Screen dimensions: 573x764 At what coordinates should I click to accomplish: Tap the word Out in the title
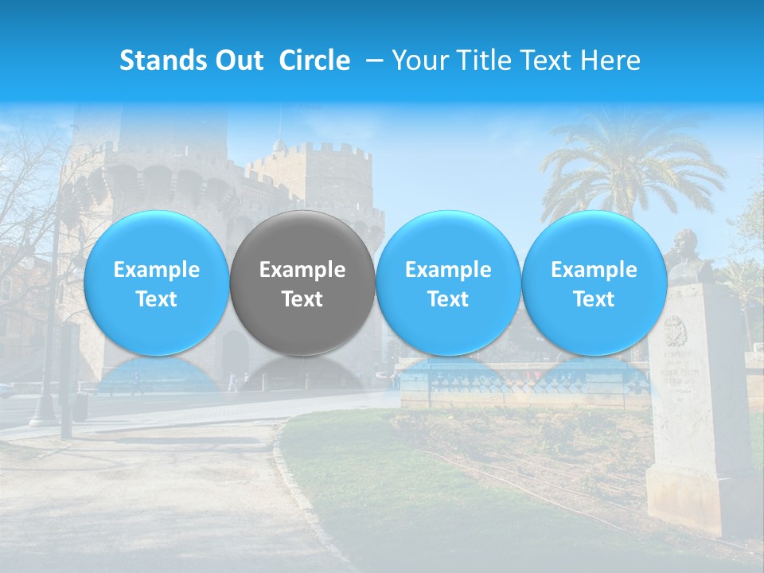237,60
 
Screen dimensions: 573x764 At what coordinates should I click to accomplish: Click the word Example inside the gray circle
302,270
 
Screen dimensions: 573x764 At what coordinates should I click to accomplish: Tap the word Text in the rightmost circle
594,299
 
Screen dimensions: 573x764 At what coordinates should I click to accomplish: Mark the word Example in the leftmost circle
156,270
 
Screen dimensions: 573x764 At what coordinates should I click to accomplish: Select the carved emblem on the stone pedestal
676,329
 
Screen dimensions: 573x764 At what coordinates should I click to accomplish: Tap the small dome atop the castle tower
279,146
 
